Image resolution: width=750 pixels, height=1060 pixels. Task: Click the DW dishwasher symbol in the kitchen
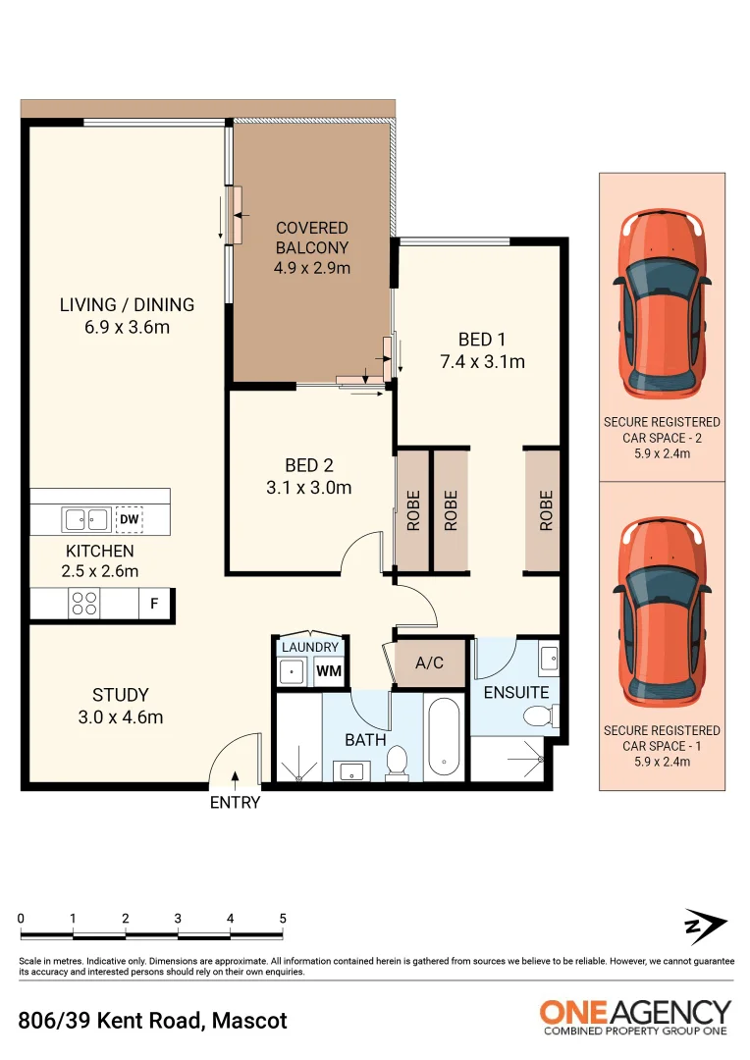[129, 519]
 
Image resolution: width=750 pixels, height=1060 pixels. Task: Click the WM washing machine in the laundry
[328, 672]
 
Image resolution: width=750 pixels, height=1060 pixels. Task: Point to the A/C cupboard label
[429, 663]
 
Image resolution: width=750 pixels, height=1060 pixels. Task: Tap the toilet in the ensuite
[537, 716]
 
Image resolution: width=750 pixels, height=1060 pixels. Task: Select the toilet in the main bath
[398, 761]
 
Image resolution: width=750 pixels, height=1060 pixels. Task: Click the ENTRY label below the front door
[236, 803]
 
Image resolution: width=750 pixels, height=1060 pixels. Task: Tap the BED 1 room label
[476, 340]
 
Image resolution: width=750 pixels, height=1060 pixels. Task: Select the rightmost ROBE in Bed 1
[543, 510]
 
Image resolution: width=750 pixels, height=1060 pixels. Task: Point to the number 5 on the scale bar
[283, 919]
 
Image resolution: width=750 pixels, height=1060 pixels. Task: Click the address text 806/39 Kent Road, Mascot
[153, 1021]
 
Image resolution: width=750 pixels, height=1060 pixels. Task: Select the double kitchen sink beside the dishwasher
[85, 519]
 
